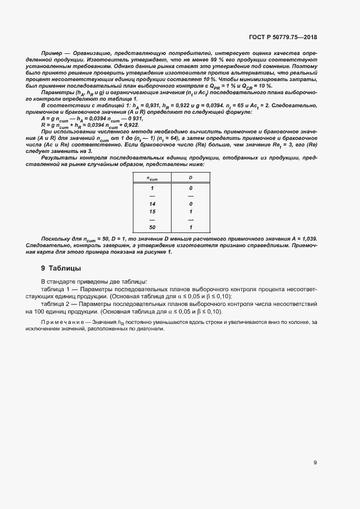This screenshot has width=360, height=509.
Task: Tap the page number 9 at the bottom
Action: tap(315, 463)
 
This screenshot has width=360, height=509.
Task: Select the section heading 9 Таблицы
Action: tap(61, 268)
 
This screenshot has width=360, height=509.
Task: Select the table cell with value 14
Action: tap(152, 203)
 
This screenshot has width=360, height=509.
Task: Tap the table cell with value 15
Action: tap(152, 211)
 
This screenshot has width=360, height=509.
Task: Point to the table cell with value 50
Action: tap(152, 227)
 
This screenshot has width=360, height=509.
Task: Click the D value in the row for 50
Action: tap(191, 227)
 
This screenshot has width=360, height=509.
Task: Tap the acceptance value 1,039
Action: tap(308, 239)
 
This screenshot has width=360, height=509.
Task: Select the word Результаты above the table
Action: tap(57, 156)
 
